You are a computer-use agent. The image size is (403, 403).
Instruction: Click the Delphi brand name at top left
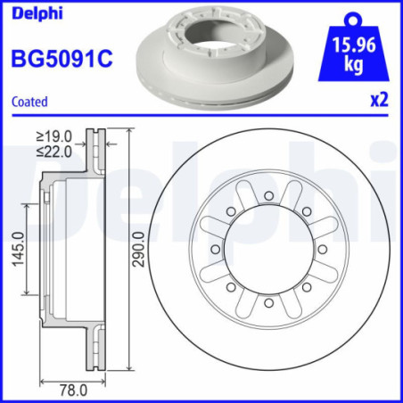[x=31, y=12]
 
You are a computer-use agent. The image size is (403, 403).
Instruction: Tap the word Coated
[x=29, y=102]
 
